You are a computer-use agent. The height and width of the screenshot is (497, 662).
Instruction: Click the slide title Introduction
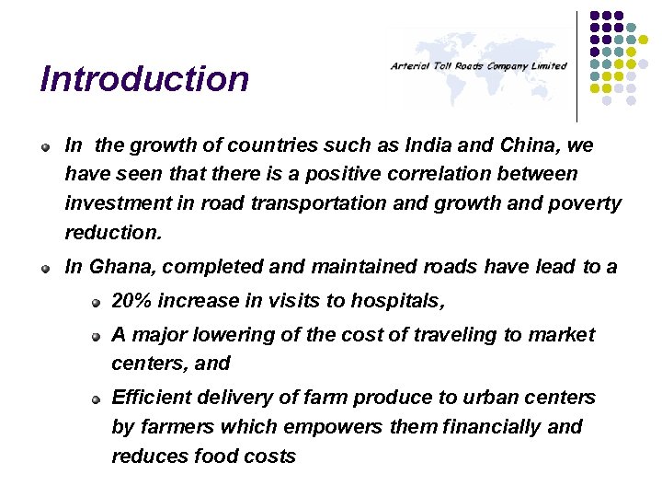tap(144, 79)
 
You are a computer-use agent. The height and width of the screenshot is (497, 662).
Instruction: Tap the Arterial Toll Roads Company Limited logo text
tap(478, 66)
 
